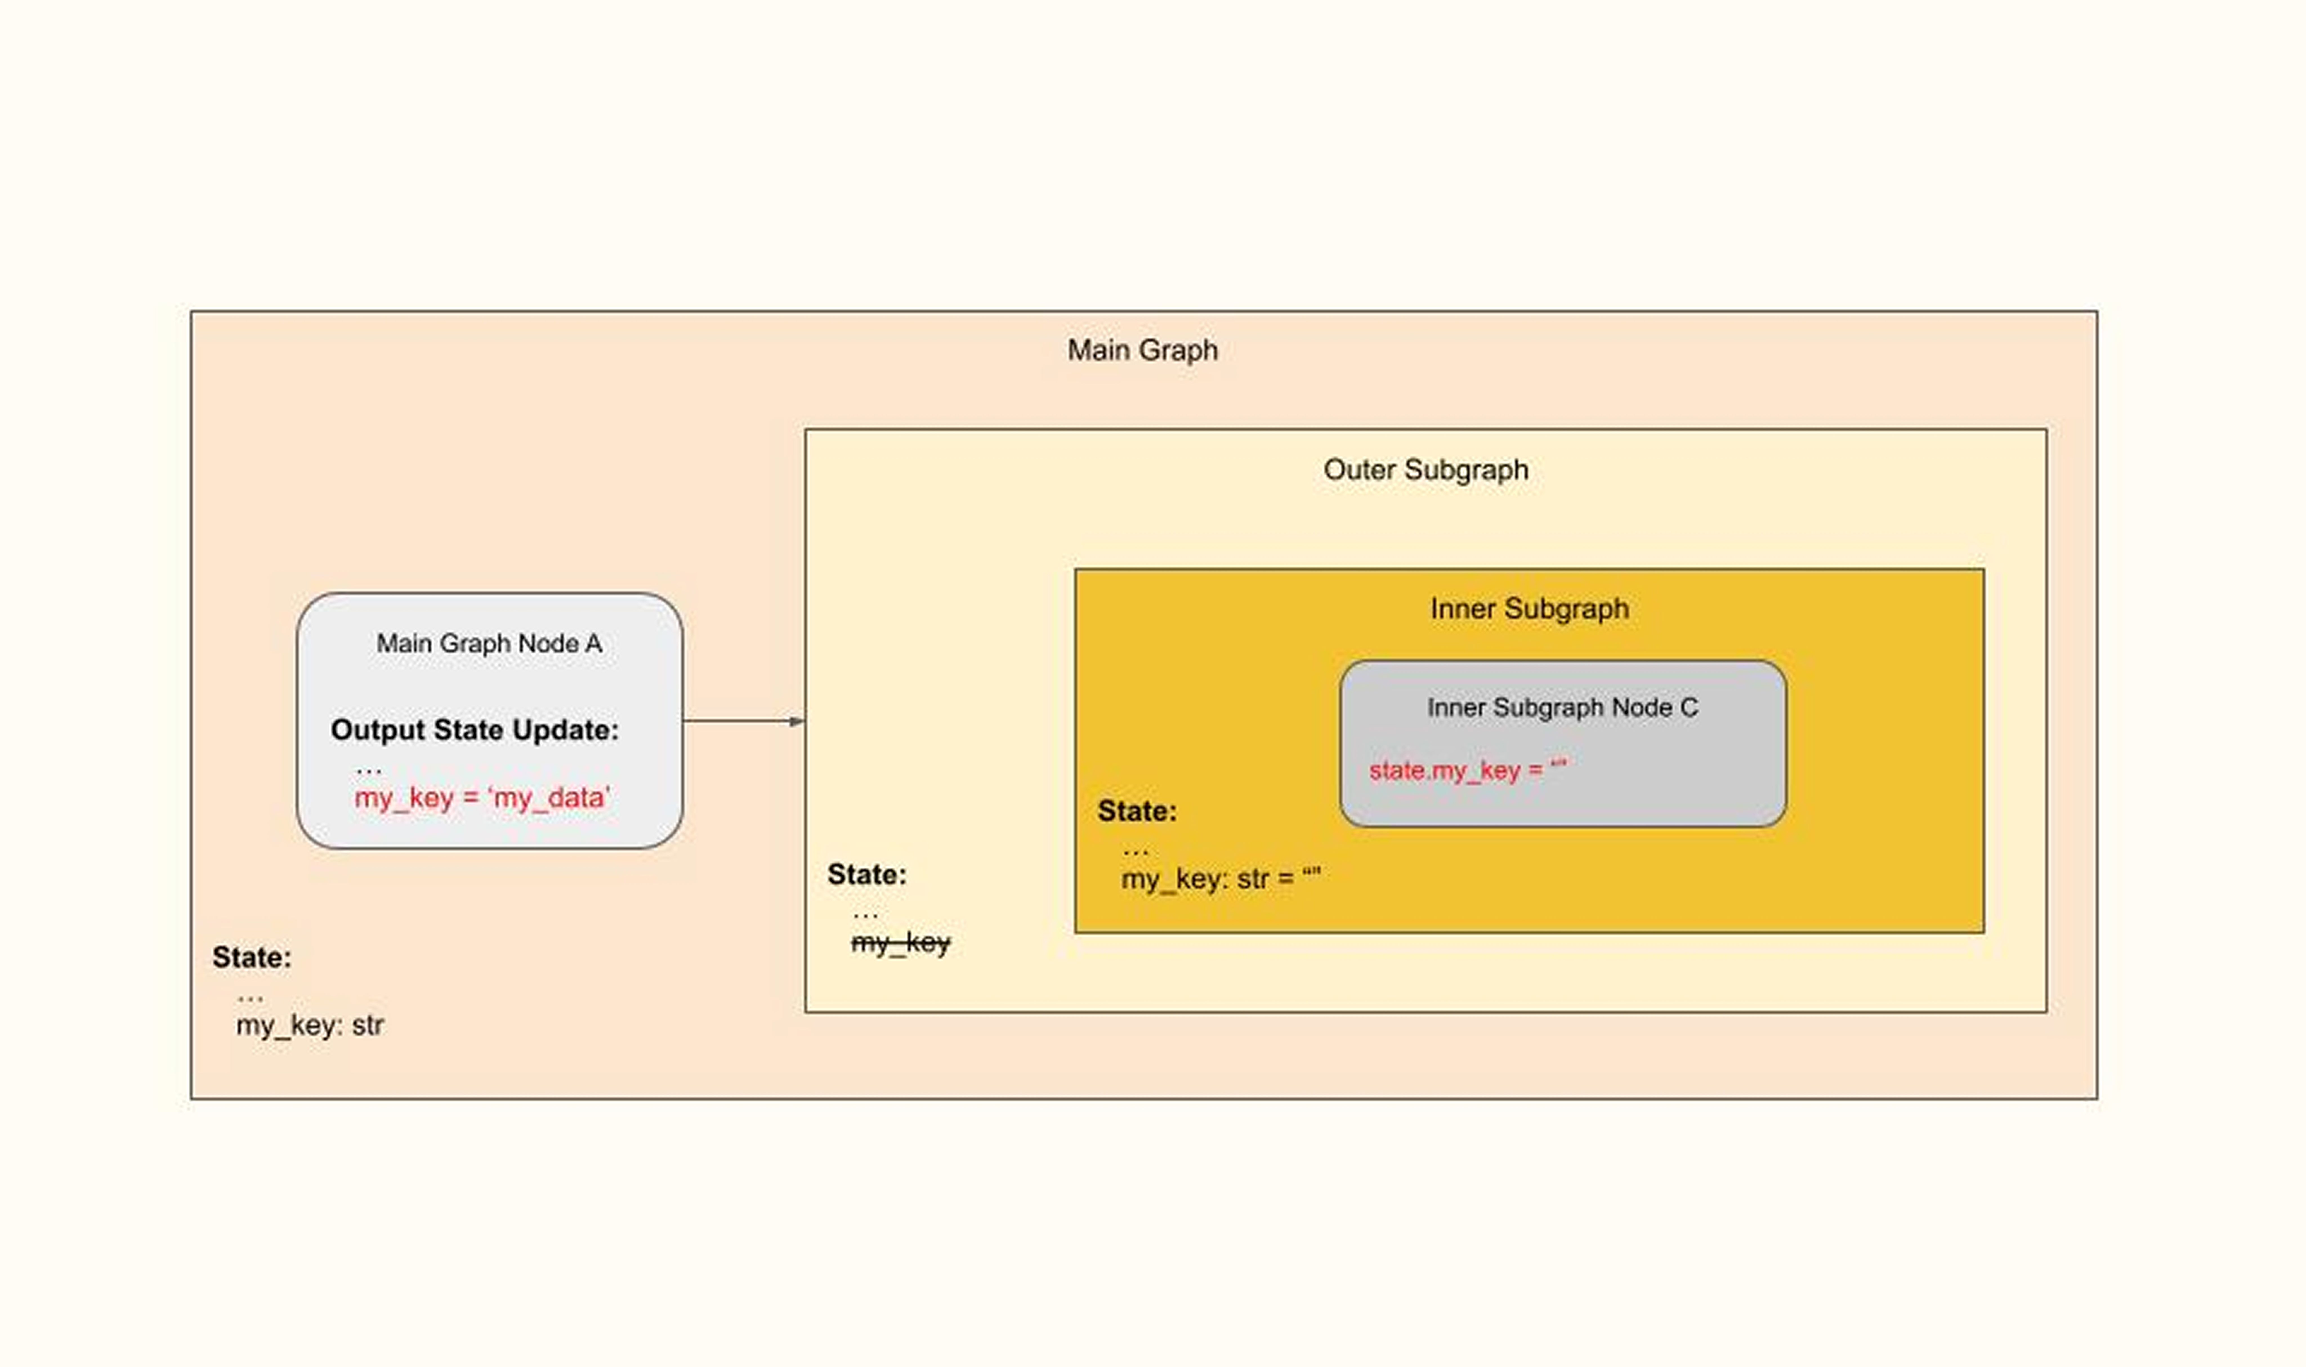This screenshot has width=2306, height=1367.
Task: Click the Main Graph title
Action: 1142,350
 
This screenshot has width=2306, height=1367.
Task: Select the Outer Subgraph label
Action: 1425,470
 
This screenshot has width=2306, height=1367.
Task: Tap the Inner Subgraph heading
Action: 1529,609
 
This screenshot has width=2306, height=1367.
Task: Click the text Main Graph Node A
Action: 489,643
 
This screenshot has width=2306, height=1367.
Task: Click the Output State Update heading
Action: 475,730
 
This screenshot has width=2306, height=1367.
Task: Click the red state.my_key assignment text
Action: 1467,770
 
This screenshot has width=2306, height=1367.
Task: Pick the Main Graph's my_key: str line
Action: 310,1025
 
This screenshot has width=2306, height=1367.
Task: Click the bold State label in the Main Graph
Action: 251,957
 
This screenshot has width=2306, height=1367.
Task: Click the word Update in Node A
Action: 566,730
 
